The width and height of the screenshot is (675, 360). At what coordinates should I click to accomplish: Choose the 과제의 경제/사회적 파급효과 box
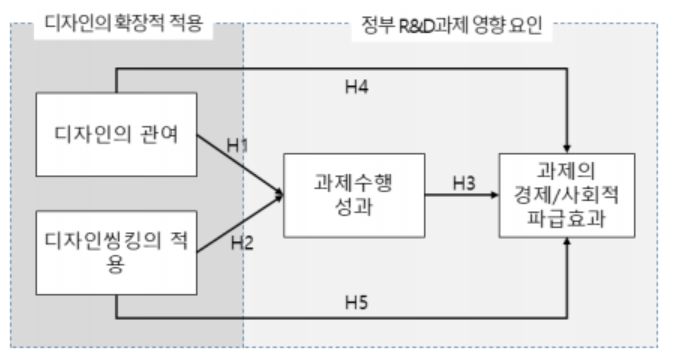567,194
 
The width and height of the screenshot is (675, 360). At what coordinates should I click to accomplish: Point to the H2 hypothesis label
244,240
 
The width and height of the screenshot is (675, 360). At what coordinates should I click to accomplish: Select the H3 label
461,182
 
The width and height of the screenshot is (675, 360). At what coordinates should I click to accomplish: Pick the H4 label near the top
357,88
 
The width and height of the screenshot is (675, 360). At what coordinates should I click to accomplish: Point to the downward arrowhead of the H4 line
567,147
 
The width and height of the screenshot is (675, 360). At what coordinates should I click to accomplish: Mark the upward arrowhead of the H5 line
567,243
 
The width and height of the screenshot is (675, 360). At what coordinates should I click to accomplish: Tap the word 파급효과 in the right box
567,216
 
